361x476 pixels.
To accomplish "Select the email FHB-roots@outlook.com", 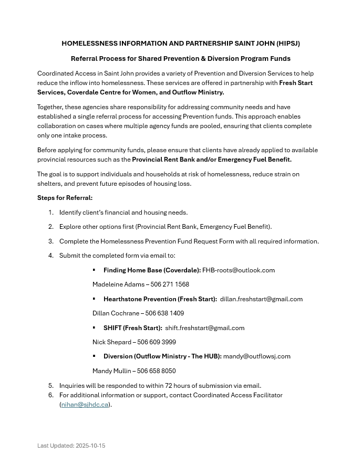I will click(x=239, y=270).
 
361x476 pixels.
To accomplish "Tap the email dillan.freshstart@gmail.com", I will click(x=261, y=299).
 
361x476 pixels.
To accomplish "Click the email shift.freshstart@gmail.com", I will click(x=204, y=328).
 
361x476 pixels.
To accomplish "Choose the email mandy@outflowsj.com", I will click(x=256, y=356).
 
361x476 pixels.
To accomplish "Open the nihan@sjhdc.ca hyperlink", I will click(x=85, y=405).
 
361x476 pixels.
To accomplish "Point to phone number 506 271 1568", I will click(x=170, y=284).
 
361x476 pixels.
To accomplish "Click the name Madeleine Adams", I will click(x=116, y=284).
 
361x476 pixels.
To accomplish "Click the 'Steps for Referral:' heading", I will click(x=65, y=198).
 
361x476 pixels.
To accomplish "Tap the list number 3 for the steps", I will click(x=51, y=241).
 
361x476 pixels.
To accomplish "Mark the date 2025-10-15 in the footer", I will click(x=90, y=446).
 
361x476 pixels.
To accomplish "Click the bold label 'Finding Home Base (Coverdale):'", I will click(x=152, y=270).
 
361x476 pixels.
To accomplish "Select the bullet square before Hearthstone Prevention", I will click(x=94, y=299).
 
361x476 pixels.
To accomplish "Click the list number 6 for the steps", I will click(x=51, y=395).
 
